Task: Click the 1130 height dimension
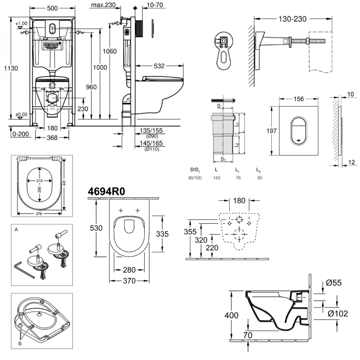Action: (11, 68)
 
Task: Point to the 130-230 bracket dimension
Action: (291, 18)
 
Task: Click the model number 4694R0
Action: (107, 192)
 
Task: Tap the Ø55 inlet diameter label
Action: (334, 283)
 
